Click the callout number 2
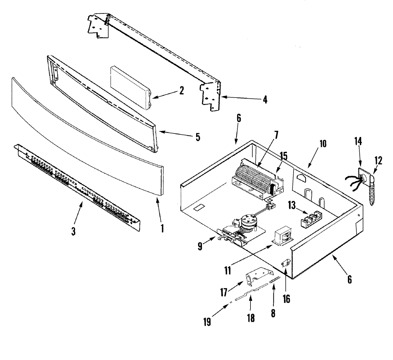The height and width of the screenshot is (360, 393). (x=181, y=90)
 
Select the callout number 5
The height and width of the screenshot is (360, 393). (x=198, y=137)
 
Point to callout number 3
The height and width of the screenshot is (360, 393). (x=73, y=231)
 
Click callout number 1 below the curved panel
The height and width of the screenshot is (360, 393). (x=162, y=229)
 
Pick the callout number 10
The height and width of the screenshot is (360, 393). (x=323, y=144)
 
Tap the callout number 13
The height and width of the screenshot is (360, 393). (x=292, y=206)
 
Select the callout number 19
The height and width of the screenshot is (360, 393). (x=207, y=322)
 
